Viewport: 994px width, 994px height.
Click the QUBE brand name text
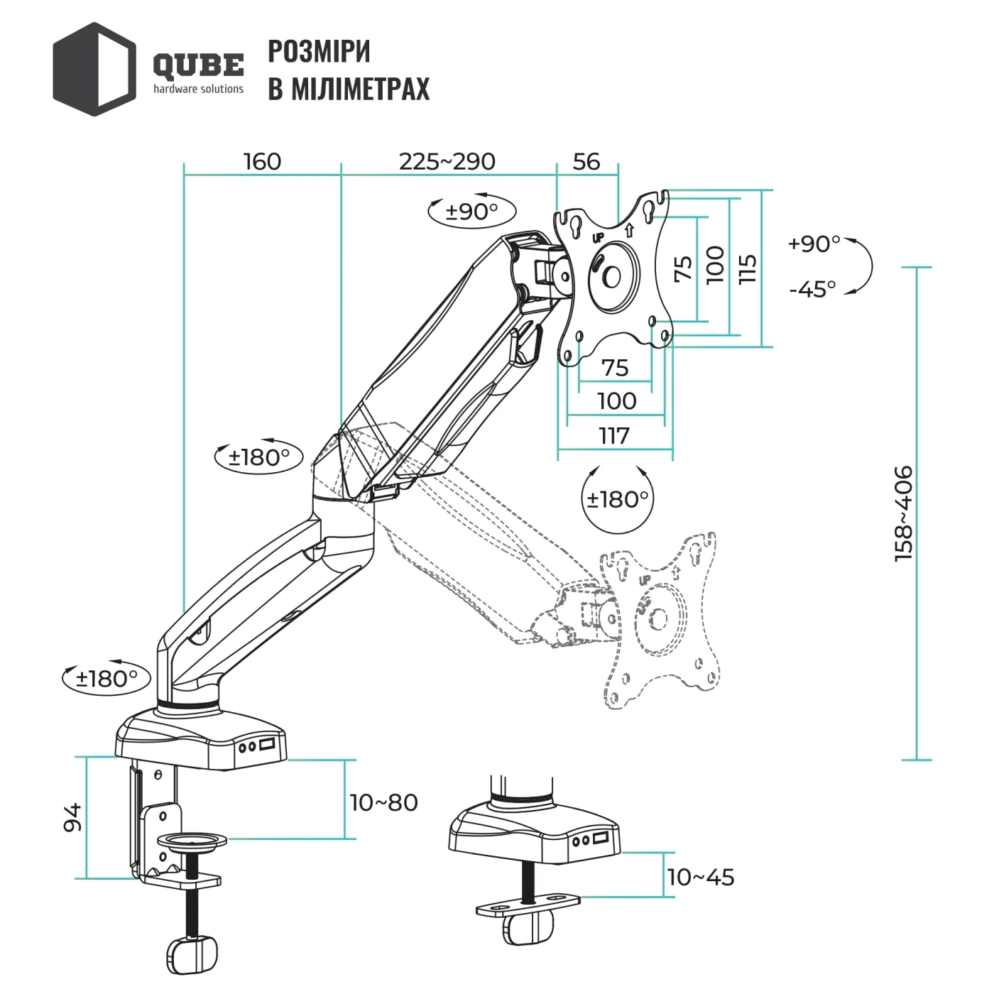198,66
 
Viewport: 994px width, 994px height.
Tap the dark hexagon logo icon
94,69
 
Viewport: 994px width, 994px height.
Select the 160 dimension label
262,162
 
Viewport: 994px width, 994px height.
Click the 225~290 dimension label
447,162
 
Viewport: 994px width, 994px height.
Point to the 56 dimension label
586,162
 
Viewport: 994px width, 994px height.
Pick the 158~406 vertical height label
903,513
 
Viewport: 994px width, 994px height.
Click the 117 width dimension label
614,435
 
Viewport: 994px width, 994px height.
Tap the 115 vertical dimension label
748,269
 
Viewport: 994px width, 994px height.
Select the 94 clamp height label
72,817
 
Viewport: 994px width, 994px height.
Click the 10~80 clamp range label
383,803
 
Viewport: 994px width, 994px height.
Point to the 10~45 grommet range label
700,878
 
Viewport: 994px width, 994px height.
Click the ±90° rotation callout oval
471,211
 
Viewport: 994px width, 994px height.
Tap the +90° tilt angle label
814,244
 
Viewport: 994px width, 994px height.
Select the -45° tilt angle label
812,289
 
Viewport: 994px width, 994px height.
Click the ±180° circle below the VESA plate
617,499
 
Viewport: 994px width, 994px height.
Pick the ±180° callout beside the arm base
106,679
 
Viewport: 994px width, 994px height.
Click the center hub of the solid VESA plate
611,277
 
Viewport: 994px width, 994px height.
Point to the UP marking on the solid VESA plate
598,238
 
